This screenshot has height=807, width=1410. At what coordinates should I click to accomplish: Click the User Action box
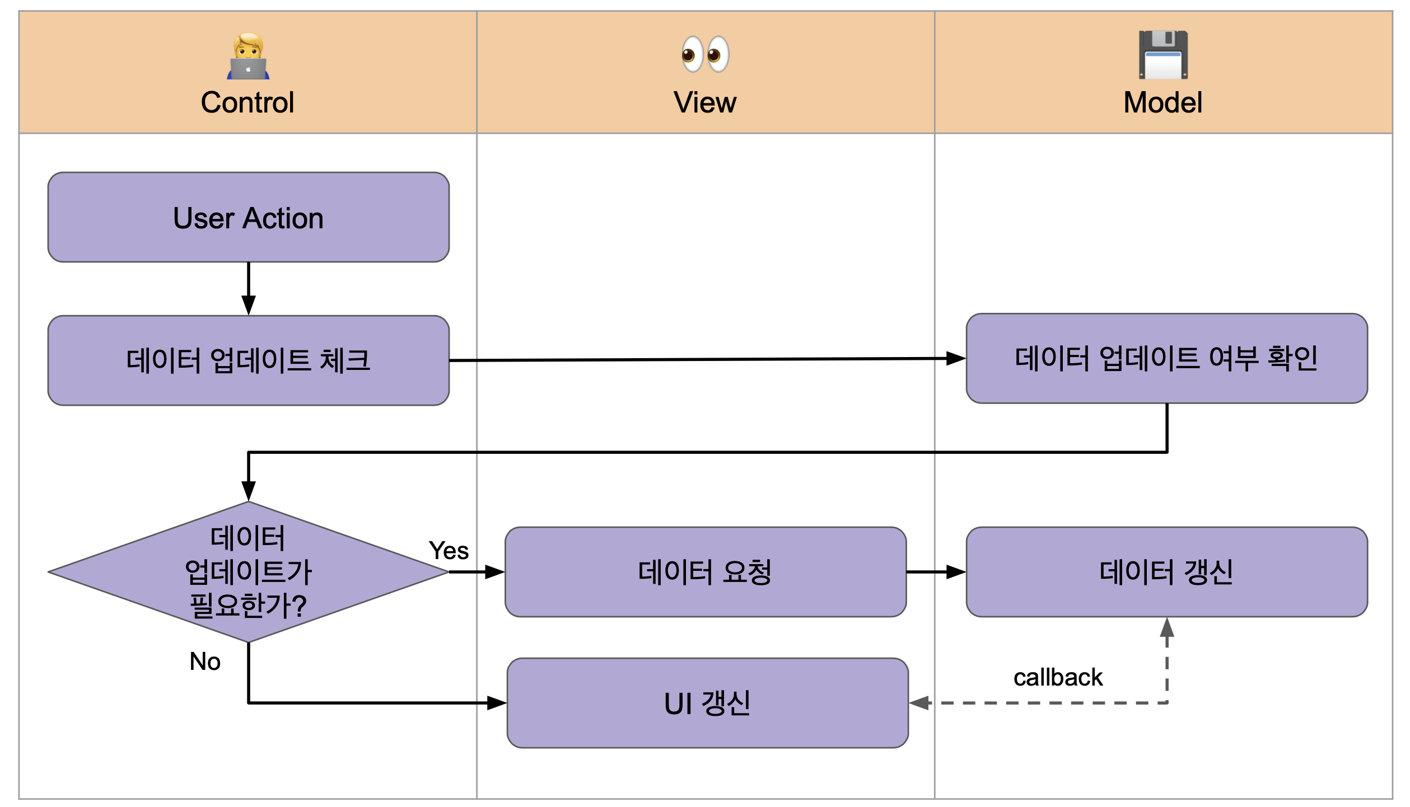(x=248, y=217)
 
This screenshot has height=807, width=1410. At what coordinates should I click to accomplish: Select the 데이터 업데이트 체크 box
(x=248, y=360)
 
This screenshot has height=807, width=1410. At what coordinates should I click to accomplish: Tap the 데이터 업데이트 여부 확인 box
(x=1166, y=358)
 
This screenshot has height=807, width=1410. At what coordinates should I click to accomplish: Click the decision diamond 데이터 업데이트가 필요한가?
(x=248, y=572)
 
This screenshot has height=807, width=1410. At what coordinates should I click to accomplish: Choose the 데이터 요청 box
(x=705, y=572)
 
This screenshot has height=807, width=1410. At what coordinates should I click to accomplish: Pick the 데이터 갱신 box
(x=1166, y=572)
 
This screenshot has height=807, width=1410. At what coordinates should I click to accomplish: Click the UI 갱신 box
(x=707, y=703)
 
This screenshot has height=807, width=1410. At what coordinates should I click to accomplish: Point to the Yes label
(x=449, y=551)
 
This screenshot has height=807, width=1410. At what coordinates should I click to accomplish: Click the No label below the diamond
(x=205, y=661)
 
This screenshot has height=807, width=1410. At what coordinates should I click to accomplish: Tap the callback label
(x=1058, y=677)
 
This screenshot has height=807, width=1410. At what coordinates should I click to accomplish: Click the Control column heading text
(x=248, y=102)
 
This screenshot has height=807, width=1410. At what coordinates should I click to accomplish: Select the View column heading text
(x=705, y=102)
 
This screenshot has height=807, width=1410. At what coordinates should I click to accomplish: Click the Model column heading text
(x=1162, y=102)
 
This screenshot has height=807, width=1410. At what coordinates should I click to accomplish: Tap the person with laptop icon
(x=248, y=56)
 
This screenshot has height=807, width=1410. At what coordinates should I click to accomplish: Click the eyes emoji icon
(x=705, y=54)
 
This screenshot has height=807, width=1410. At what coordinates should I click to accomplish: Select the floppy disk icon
(x=1163, y=54)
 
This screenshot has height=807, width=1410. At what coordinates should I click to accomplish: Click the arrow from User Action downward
(x=249, y=289)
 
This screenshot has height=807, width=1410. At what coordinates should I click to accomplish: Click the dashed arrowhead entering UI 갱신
(x=919, y=703)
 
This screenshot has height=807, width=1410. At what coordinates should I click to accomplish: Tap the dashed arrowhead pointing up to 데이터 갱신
(x=1167, y=628)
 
